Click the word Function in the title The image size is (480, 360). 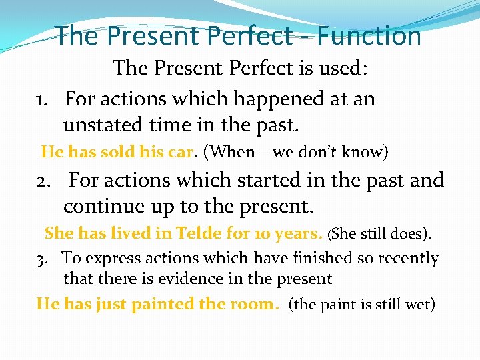click(371, 35)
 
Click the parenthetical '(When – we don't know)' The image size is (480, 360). click(295, 152)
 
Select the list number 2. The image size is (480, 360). click(44, 181)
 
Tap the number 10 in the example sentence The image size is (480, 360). click(262, 233)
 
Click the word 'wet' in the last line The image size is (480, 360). click(420, 305)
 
